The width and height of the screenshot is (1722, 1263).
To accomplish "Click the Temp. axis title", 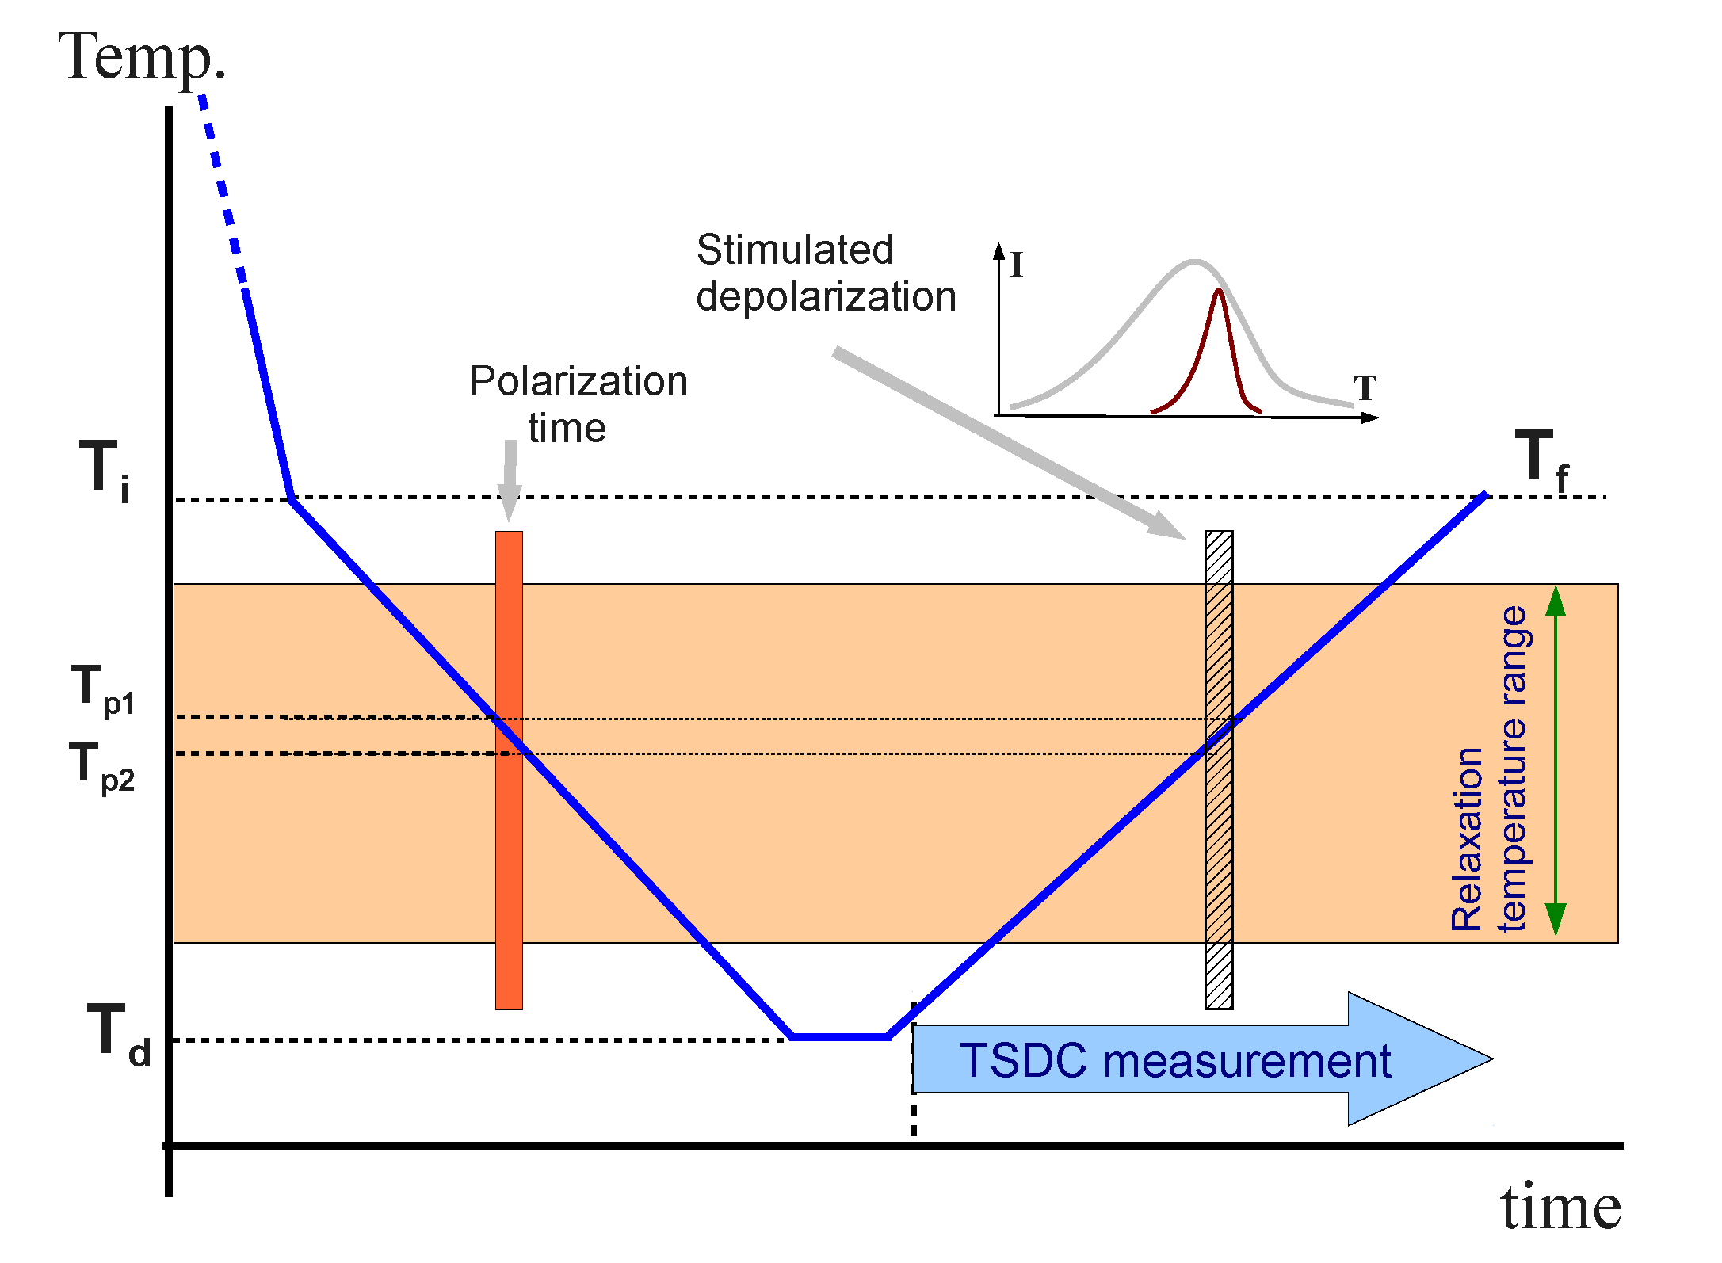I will tap(143, 57).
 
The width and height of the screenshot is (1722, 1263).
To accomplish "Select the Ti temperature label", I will tap(105, 469).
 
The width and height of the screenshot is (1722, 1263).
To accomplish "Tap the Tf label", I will tap(1541, 460).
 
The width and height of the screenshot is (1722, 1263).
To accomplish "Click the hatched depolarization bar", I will tap(1219, 872).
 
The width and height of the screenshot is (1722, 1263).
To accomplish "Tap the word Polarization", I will tap(578, 381).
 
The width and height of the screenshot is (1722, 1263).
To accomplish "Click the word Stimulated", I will tap(795, 250).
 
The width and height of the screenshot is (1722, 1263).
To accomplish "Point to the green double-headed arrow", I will tap(1556, 761).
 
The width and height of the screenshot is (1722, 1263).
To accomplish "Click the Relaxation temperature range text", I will tap(1490, 769).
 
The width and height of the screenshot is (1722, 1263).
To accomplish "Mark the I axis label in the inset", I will tap(1017, 265).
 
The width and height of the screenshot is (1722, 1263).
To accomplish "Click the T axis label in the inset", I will tap(1365, 388).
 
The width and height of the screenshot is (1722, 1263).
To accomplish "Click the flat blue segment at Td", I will tap(840, 1036).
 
